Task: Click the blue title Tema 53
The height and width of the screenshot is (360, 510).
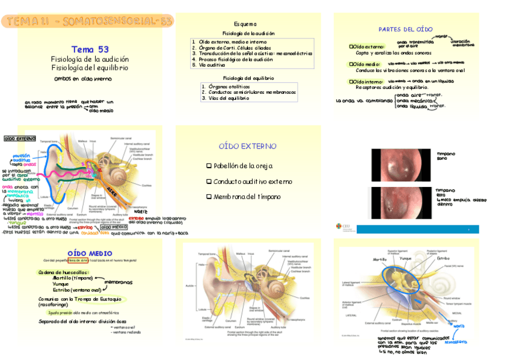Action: tap(90, 49)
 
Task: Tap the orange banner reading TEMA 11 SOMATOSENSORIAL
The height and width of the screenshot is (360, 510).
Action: tap(88, 22)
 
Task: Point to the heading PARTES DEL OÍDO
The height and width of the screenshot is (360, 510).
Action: tap(405, 29)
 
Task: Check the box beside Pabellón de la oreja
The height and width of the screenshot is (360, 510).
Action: tap(209, 166)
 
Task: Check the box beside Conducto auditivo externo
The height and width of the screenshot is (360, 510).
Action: tap(209, 182)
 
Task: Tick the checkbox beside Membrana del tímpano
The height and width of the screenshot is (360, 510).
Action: tap(209, 197)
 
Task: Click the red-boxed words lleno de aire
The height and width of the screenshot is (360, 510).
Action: tap(78, 260)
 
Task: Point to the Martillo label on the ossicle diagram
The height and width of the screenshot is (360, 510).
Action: tap(379, 260)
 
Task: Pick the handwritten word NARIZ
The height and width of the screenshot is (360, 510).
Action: tap(141, 212)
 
